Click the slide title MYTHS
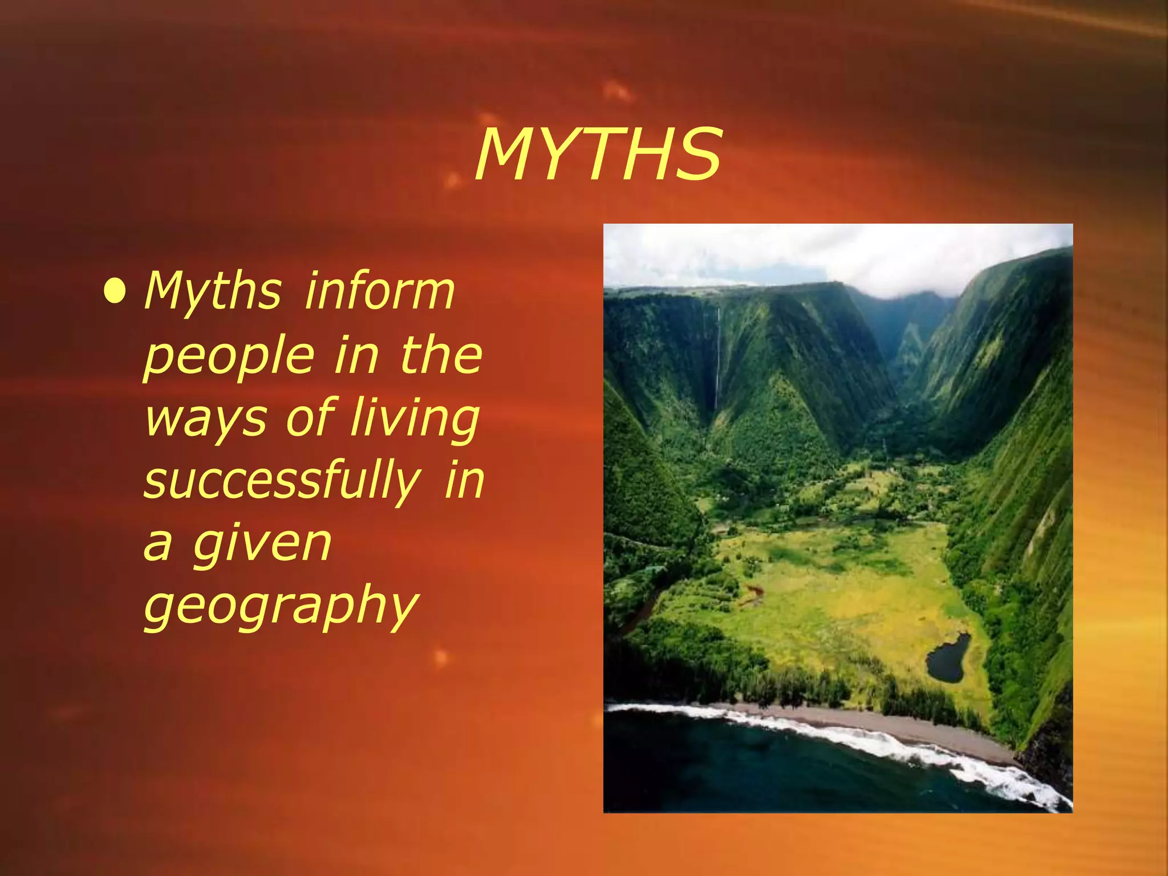[x=598, y=155]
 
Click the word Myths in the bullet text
[x=213, y=292]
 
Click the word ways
[x=205, y=419]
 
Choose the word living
[x=415, y=419]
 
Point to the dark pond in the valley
[x=948, y=659]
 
